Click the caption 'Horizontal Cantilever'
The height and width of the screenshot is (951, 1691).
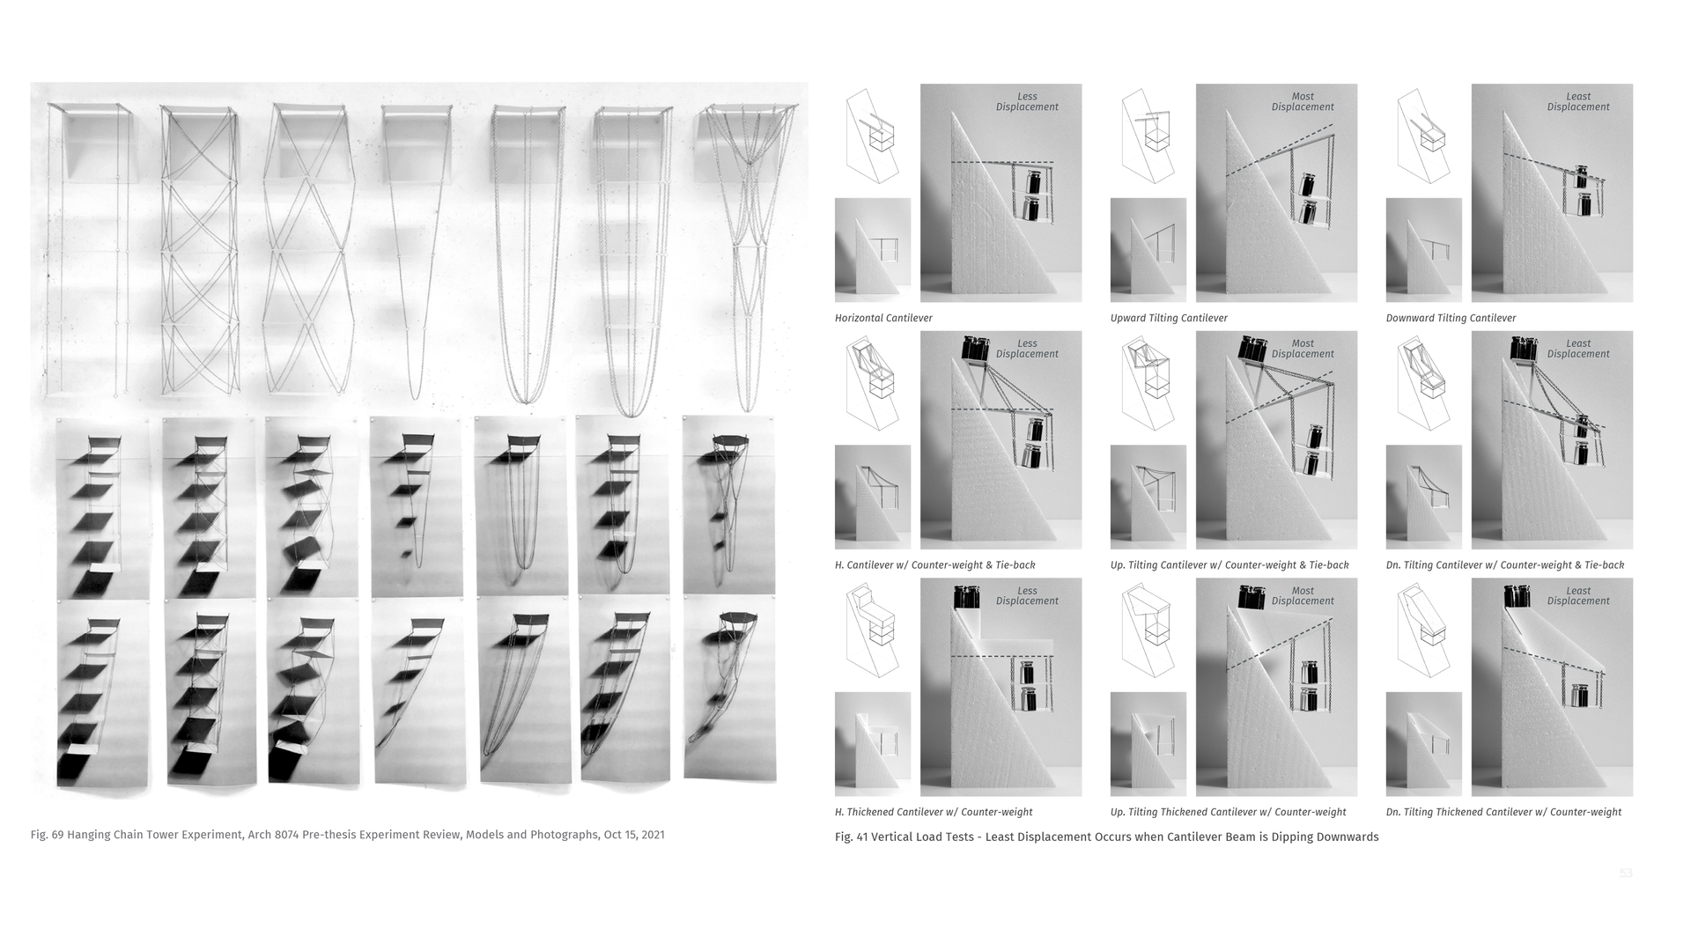pos(883,318)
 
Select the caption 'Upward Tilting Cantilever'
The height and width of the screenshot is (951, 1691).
pos(1169,318)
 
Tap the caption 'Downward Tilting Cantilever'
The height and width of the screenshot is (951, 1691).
pos(1451,318)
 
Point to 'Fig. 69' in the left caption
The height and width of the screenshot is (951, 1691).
pos(47,835)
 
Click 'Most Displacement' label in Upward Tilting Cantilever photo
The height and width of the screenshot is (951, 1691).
pos(1302,102)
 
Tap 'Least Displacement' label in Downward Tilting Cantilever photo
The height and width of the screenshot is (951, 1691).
pos(1577,102)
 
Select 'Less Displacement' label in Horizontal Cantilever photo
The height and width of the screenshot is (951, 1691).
pos(1027,102)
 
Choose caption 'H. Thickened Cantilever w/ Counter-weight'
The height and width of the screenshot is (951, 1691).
pos(934,812)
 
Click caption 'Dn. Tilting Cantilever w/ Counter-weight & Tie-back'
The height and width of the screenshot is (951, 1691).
pos(1505,565)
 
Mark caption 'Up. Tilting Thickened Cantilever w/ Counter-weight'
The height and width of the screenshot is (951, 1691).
pos(1228,812)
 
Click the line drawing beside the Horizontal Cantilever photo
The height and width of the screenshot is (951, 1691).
pos(872,136)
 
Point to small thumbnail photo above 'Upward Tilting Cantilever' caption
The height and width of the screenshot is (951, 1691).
pos(1148,250)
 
